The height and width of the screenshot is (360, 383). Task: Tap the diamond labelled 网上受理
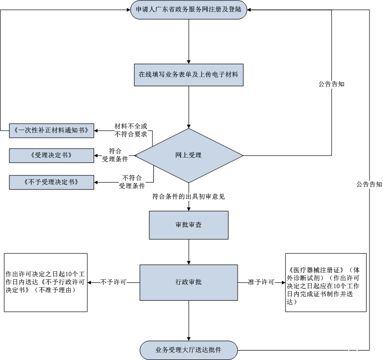tap(189, 156)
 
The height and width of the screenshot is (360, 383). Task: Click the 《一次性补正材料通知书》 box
tap(52, 131)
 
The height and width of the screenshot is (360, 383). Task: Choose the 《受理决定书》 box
tap(52, 156)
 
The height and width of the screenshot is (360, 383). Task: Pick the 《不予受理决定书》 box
tap(52, 182)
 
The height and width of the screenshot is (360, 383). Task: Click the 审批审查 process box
tap(189, 225)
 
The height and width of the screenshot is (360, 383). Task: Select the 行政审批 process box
tap(189, 282)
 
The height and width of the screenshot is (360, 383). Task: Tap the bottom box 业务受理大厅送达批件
tap(189, 350)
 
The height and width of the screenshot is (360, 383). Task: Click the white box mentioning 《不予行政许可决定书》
tap(46, 282)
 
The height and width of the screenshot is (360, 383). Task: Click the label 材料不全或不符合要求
tap(131, 130)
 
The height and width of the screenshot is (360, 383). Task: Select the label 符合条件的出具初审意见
tap(189, 196)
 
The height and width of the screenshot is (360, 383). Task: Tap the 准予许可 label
tap(261, 282)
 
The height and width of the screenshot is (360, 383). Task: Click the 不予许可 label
tap(113, 282)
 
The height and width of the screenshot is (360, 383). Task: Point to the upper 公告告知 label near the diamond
tap(332, 84)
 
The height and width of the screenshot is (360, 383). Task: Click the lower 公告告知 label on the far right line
tap(369, 184)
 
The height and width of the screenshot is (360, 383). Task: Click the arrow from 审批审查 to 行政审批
tap(189, 252)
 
